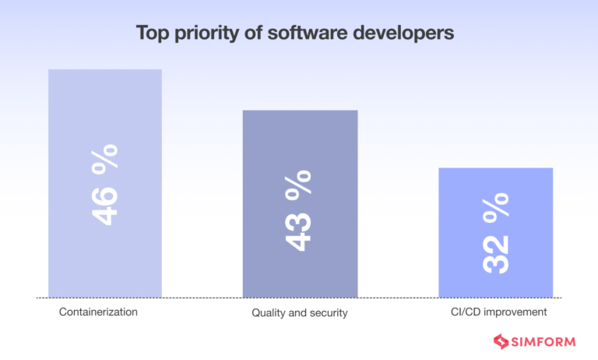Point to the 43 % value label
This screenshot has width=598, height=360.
298,210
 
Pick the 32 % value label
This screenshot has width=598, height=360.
496,232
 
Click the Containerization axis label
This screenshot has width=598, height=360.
98,312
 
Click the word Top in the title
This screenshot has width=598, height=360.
152,34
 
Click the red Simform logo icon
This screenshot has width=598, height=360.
501,341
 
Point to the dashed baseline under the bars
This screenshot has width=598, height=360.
202,298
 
